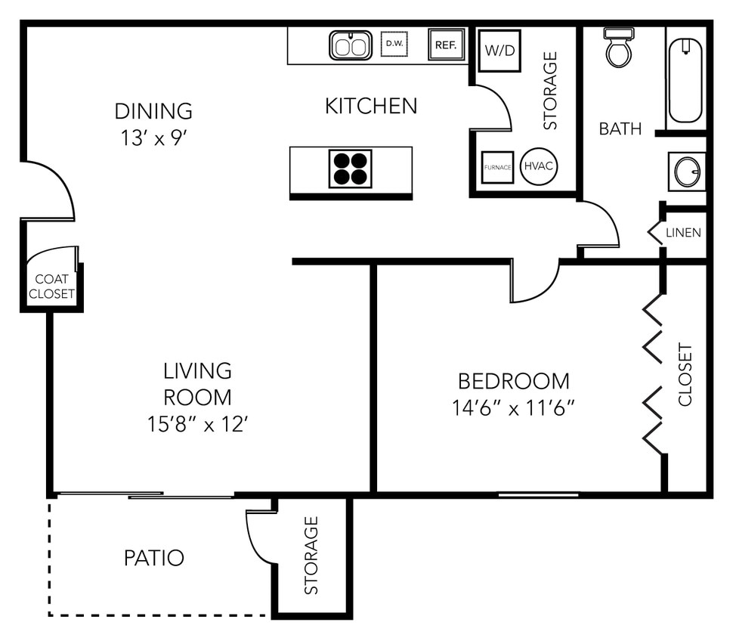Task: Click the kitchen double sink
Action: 350,45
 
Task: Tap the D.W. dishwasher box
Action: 394,44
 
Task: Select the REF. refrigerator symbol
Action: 444,45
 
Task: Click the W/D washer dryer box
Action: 499,51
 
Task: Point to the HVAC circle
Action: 539,166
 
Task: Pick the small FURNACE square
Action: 498,167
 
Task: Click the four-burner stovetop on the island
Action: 351,168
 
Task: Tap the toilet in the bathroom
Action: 619,48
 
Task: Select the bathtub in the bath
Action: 685,80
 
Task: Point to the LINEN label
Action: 683,233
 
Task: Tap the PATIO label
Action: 153,558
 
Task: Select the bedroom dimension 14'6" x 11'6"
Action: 514,408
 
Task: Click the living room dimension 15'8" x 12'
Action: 198,423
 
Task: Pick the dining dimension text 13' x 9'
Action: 153,138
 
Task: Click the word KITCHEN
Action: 371,106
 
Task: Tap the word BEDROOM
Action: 514,380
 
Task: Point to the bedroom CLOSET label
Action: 685,375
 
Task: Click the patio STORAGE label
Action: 311,556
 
